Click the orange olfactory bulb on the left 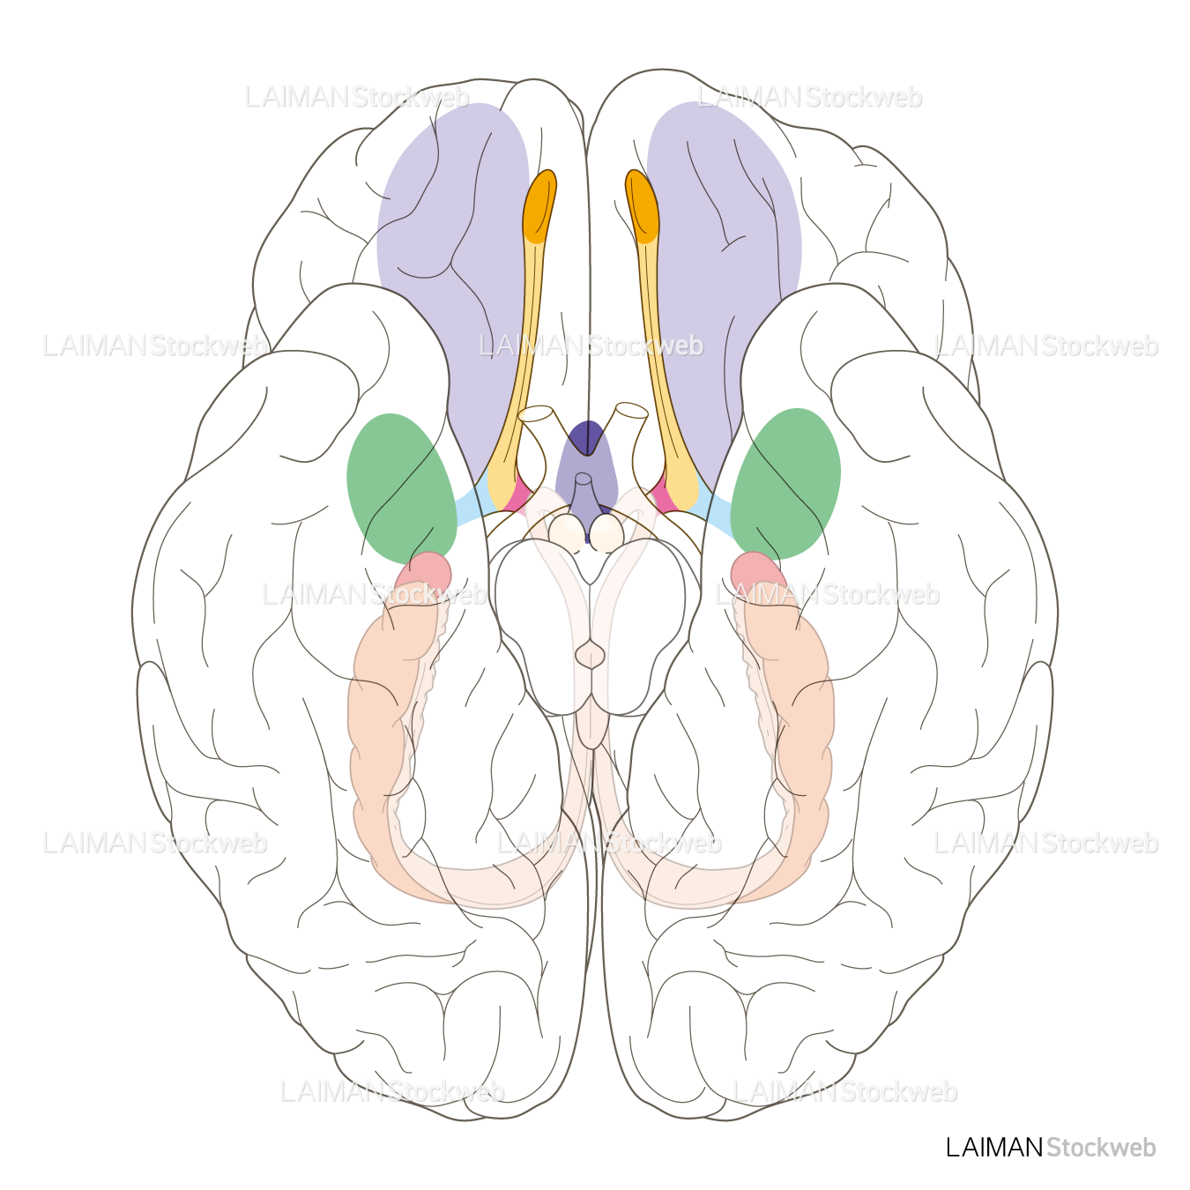[539, 206]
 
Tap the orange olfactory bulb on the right [642, 206]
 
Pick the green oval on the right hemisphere [785, 484]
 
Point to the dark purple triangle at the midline [587, 437]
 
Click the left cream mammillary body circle [566, 532]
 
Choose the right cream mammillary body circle [606, 532]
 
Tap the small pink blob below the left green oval [425, 571]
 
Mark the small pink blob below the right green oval [758, 571]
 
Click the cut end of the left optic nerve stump [535, 413]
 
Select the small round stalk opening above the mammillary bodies [583, 479]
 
